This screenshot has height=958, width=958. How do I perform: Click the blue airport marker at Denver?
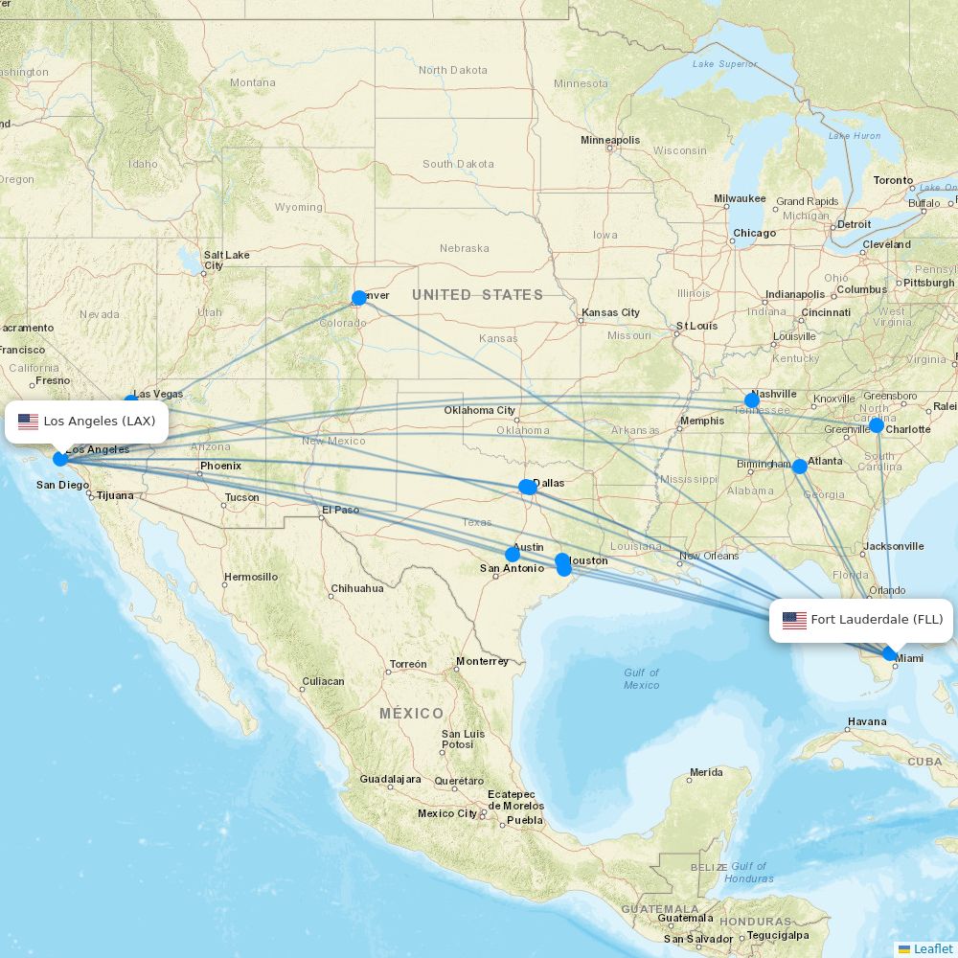pyautogui.click(x=359, y=298)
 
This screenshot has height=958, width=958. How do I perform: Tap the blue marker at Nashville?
pyautogui.click(x=752, y=400)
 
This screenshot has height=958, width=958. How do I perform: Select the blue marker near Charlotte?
pyautogui.click(x=877, y=424)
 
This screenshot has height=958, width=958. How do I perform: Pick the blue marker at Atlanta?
pyautogui.click(x=800, y=467)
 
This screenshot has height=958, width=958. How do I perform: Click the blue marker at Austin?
pyautogui.click(x=513, y=554)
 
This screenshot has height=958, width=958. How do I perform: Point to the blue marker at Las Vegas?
pyautogui.click(x=131, y=402)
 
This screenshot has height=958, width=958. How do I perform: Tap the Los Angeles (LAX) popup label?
pyautogui.click(x=87, y=422)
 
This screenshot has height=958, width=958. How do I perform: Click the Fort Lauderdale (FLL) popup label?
pyautogui.click(x=862, y=620)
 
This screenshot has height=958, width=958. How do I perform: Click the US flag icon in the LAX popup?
pyautogui.click(x=29, y=422)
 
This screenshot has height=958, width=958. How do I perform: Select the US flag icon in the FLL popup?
pyautogui.click(x=794, y=620)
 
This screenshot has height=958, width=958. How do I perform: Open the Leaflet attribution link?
pyautogui.click(x=932, y=948)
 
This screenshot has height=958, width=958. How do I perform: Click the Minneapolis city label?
pyautogui.click(x=610, y=141)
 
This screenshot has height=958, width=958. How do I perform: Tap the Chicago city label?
pyautogui.click(x=754, y=234)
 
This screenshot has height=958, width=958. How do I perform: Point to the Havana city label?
pyautogui.click(x=866, y=721)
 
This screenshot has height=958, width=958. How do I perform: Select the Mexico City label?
pyautogui.click(x=446, y=813)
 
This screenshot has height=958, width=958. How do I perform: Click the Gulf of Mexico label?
pyautogui.click(x=641, y=679)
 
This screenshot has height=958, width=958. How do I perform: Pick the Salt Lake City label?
pyautogui.click(x=226, y=260)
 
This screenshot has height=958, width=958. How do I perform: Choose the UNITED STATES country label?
pyautogui.click(x=477, y=295)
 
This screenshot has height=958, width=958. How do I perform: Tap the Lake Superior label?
pyautogui.click(x=724, y=64)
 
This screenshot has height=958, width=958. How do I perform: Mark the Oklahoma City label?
pyautogui.click(x=479, y=411)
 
